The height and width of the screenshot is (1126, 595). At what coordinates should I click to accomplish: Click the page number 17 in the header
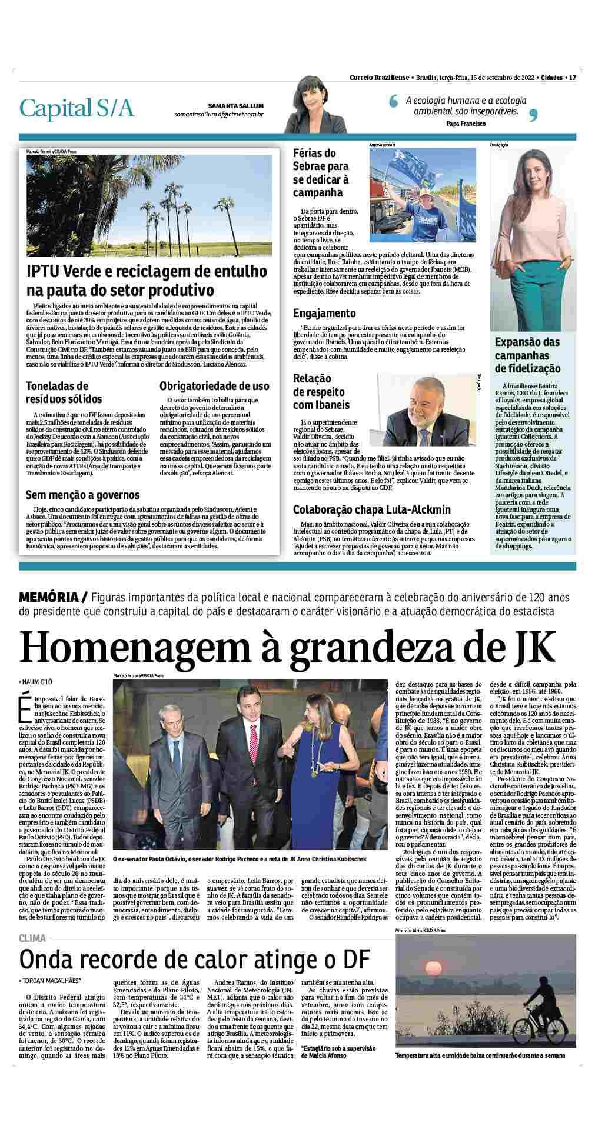click(x=572, y=77)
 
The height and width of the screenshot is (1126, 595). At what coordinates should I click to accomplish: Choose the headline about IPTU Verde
click(x=147, y=281)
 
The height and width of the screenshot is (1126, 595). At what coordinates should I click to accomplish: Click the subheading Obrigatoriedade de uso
click(x=214, y=386)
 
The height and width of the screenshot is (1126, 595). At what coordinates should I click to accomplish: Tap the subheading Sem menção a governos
click(x=82, y=495)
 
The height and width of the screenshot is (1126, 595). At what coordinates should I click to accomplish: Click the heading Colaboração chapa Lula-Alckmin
click(x=372, y=509)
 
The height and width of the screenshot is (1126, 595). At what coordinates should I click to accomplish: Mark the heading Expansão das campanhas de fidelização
click(x=527, y=355)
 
